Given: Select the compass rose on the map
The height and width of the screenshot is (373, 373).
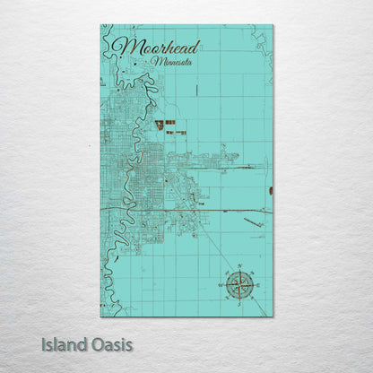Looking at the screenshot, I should coord(239,284).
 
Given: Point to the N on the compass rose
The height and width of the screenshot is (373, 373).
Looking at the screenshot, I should coord(239,268).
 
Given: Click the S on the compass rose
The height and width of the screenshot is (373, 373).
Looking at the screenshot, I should coord(239,301).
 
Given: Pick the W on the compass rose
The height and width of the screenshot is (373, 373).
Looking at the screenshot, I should coord(222,285).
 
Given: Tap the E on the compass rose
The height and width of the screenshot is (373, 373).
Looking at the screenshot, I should coord(256,285).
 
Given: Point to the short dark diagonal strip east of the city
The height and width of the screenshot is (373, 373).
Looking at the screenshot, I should coord(254,221).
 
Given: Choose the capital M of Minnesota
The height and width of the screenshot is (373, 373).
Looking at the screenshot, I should coord(158,62).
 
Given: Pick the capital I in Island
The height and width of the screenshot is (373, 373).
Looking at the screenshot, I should coord(44,343).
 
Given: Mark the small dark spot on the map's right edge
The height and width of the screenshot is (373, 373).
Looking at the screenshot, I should coord(270,190).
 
